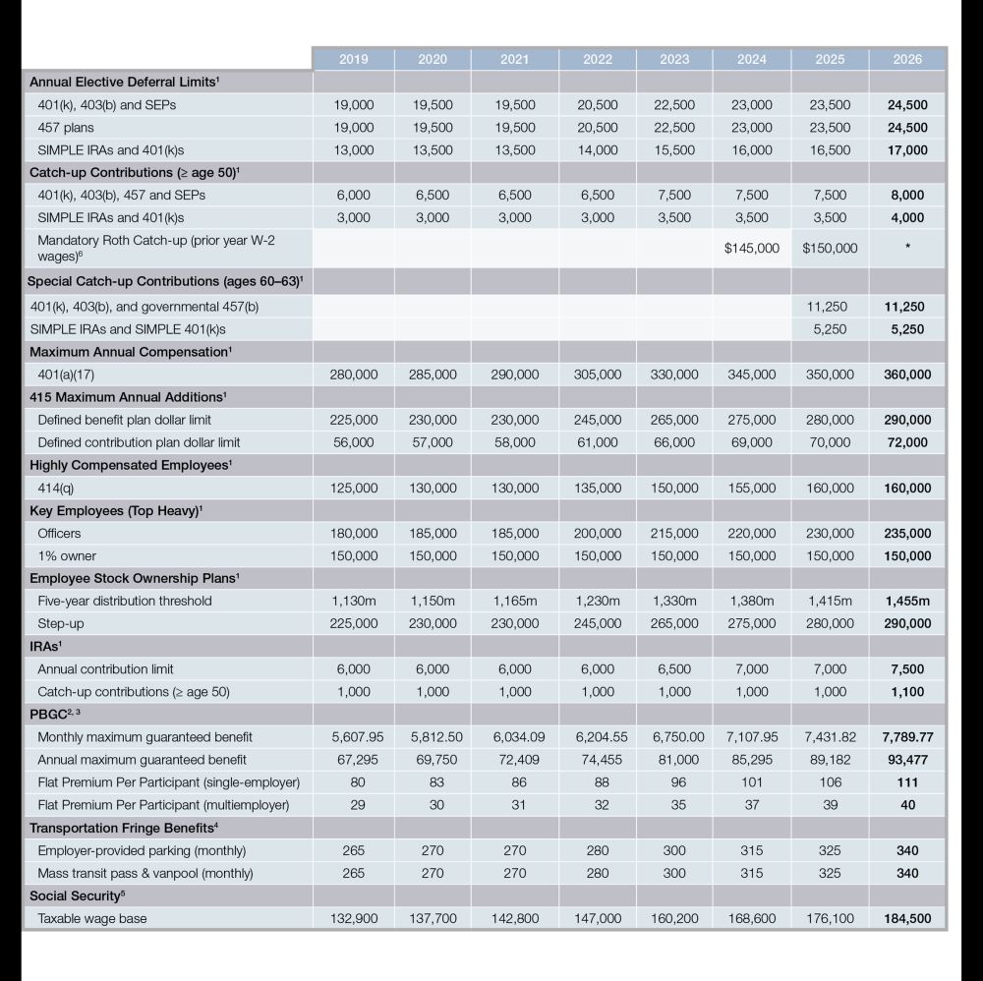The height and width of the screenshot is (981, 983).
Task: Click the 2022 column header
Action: coord(598,59)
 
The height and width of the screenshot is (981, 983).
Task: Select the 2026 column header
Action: coord(907,59)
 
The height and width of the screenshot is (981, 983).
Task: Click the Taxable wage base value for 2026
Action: coord(907,919)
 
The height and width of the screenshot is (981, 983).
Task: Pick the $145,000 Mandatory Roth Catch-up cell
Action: coord(752,248)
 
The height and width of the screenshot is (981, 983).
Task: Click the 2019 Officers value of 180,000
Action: coord(354,534)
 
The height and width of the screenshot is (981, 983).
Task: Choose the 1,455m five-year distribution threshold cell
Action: coord(907,601)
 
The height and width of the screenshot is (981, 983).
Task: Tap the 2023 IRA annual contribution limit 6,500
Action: coord(674,669)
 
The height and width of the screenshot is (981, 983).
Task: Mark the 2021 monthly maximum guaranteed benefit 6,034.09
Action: coord(515,737)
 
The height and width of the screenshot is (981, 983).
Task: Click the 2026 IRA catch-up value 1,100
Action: coord(907,692)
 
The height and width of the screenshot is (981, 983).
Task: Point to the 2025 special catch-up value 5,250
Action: coord(830,329)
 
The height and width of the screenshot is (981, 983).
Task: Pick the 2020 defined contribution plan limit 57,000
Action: coord(433,442)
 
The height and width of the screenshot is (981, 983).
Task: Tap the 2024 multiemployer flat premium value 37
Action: coord(752,805)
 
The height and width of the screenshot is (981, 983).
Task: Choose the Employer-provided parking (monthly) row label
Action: coord(142,850)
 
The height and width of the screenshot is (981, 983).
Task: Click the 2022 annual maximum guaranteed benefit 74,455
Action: coord(598,760)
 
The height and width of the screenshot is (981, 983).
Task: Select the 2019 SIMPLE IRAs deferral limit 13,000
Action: coord(354,150)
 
